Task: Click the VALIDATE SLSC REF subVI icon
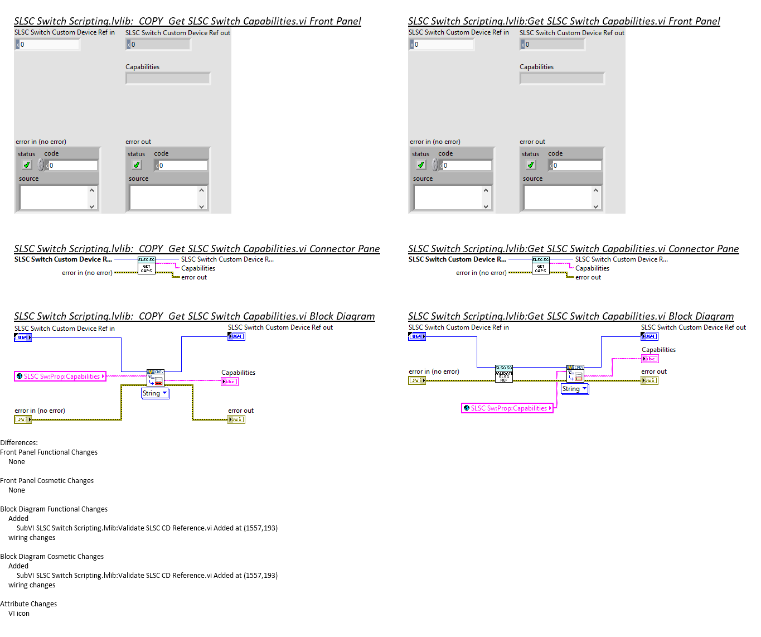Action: pyautogui.click(x=503, y=374)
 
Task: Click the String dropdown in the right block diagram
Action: pyautogui.click(x=574, y=389)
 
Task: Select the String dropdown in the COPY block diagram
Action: pyautogui.click(x=154, y=393)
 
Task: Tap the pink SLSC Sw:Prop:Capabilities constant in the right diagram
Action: pyautogui.click(x=507, y=408)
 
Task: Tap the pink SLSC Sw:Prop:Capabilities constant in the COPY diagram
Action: pyautogui.click(x=60, y=377)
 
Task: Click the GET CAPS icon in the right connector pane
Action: pyautogui.click(x=540, y=266)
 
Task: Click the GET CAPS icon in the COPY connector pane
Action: pyautogui.click(x=146, y=266)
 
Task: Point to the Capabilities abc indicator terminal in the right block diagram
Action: pyautogui.click(x=649, y=359)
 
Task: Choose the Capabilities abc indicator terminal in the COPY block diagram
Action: pyautogui.click(x=230, y=382)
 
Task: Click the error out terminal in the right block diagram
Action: pyautogui.click(x=649, y=380)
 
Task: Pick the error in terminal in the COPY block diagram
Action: pyautogui.click(x=23, y=419)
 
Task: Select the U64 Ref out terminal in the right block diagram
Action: pyautogui.click(x=649, y=336)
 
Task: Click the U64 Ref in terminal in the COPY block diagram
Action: pyautogui.click(x=23, y=337)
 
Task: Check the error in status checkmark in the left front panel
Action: pyautogui.click(x=26, y=165)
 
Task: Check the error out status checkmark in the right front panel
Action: pyautogui.click(x=530, y=165)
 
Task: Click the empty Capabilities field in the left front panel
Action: pyautogui.click(x=168, y=79)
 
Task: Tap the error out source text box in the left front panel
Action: pyautogui.click(x=164, y=197)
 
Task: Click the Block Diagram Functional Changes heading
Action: pyautogui.click(x=54, y=509)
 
